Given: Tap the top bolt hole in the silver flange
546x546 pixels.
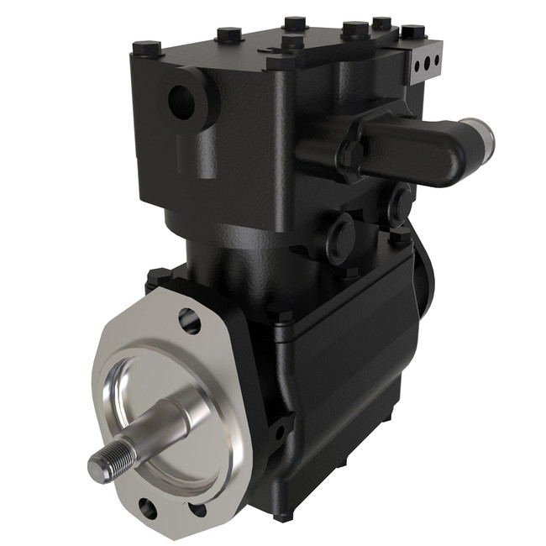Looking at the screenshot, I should pyautogui.click(x=189, y=320).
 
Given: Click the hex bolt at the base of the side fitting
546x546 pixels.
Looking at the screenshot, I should pyautogui.click(x=351, y=156).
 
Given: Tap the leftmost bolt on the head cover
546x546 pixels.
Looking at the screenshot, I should pyautogui.click(x=147, y=47).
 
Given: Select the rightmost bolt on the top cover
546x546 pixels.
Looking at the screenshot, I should pyautogui.click(x=412, y=32).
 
